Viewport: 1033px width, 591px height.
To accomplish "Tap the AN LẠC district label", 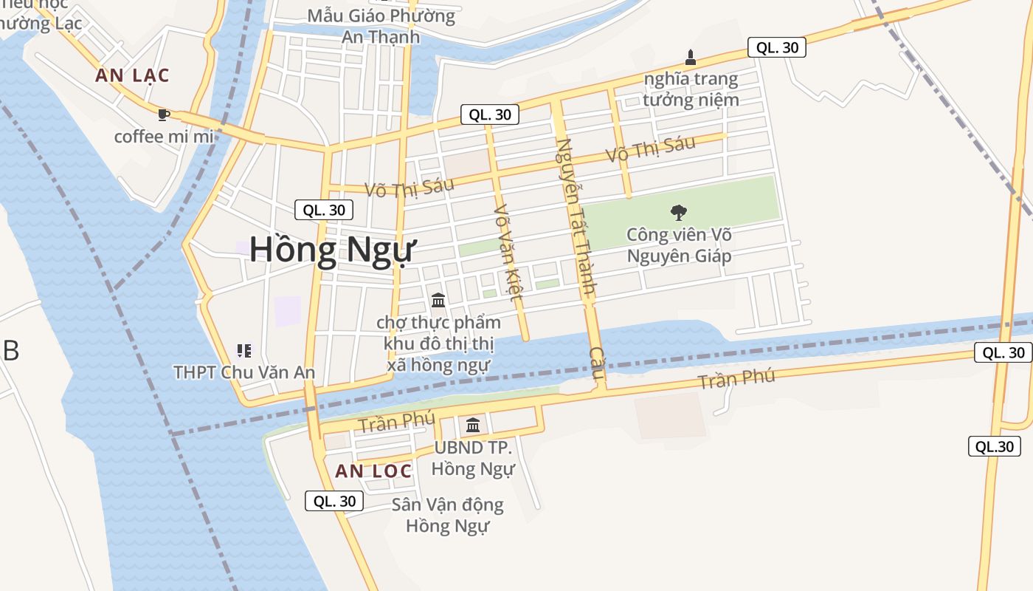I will pos(132,75).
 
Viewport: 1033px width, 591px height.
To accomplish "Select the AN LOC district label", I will pos(373,471).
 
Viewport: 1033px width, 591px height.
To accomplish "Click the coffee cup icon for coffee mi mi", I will pos(164,115).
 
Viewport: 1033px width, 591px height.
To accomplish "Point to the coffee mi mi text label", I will pos(163,137).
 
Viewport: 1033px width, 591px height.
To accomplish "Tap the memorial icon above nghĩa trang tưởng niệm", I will pos(691,57).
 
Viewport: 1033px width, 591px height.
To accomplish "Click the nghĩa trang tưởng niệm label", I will pos(691,89).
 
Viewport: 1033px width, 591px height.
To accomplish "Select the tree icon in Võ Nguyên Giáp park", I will pos(679,213).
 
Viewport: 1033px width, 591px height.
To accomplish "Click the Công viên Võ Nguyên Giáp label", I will pos(679,245).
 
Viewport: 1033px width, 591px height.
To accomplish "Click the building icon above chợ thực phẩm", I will pos(438,300).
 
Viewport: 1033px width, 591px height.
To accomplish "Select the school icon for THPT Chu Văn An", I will pos(244,350).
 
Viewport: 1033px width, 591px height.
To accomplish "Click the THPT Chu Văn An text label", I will pos(244,372).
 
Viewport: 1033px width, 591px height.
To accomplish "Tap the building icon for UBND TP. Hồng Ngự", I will pos(473,426).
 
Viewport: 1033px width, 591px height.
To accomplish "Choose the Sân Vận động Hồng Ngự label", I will pos(447,516).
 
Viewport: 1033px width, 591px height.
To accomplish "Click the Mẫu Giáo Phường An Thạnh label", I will pos(381,26).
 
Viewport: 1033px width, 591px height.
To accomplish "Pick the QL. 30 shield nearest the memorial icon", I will pos(776,47).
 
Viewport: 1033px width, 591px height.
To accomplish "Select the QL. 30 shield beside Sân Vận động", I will pos(334,501).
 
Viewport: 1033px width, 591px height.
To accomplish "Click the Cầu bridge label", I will pos(597,363).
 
